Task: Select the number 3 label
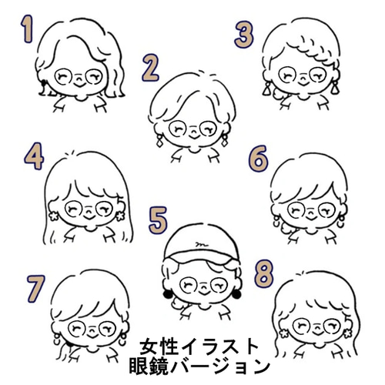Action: pos(244,35)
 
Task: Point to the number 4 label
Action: pos(32,156)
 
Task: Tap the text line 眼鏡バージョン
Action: pos(202,364)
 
